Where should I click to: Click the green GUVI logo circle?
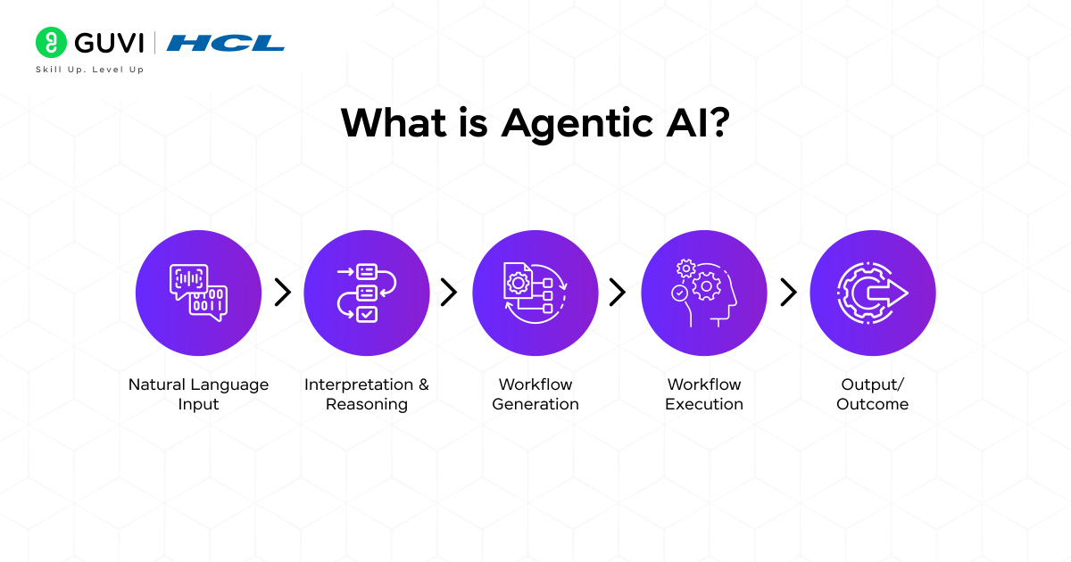(51, 42)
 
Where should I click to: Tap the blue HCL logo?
(225, 43)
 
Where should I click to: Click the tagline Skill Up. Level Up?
(90, 70)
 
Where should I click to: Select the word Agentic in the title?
(577, 124)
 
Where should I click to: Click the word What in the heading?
(394, 122)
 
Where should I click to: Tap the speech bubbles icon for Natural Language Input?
(198, 293)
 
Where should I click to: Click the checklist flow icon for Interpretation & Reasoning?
(367, 293)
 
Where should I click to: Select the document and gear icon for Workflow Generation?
(535, 293)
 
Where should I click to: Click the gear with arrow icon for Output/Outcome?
(873, 293)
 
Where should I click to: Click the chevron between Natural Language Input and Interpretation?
(283, 292)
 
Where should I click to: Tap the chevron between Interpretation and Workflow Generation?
(449, 292)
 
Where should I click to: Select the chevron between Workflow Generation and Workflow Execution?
(618, 292)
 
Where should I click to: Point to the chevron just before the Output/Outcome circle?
(789, 292)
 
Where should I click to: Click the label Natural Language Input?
(198, 394)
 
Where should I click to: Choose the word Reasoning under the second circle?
(367, 404)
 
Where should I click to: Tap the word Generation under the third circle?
(535, 404)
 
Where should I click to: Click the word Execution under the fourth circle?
(704, 404)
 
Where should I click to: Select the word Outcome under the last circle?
(873, 404)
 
